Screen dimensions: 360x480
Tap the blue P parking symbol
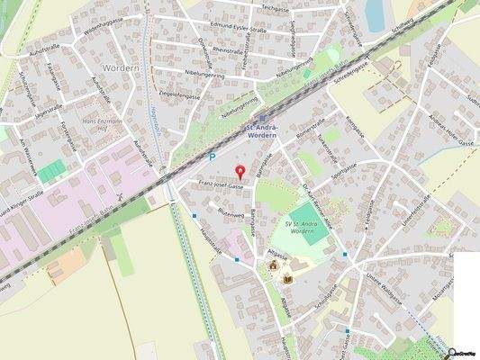tap(213, 157)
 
